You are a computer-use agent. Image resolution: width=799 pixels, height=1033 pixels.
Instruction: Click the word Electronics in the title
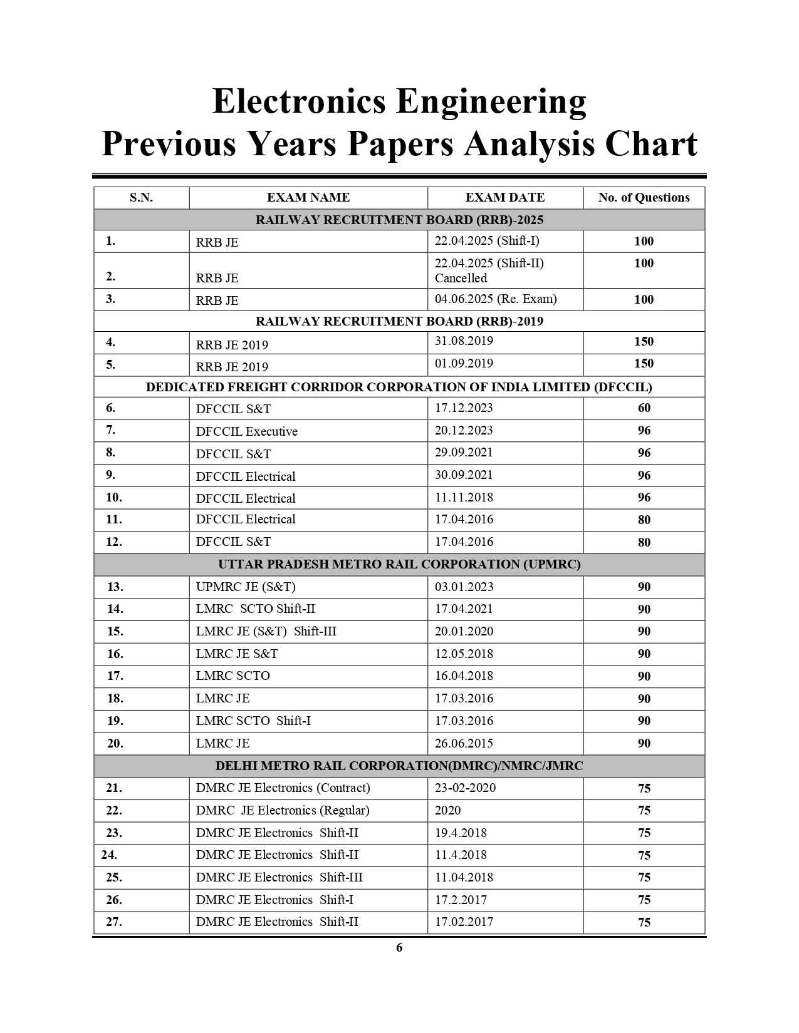(x=299, y=101)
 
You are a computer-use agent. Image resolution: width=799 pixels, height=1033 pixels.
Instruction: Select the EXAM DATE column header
(x=504, y=198)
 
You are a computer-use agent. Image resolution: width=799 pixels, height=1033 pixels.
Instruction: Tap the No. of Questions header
(x=644, y=198)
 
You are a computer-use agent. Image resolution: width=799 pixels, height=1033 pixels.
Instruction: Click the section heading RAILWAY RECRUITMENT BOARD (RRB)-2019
(x=399, y=321)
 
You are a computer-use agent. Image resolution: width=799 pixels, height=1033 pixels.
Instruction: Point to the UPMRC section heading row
(x=399, y=565)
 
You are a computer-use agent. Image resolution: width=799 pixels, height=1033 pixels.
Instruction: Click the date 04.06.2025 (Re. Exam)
(x=496, y=299)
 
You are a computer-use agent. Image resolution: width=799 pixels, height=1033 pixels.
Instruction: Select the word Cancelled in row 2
(x=461, y=278)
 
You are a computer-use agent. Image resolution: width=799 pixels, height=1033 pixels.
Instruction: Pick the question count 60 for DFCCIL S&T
(x=644, y=408)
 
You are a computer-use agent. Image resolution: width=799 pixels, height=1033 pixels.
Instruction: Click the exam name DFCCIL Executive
(x=246, y=431)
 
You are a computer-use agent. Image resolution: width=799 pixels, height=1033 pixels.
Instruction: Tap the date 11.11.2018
(x=464, y=498)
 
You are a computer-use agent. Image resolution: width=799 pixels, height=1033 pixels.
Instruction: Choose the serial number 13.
(x=115, y=587)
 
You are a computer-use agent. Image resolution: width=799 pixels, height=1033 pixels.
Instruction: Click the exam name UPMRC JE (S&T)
(x=246, y=587)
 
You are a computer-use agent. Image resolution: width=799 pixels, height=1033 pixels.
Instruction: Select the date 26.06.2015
(x=464, y=744)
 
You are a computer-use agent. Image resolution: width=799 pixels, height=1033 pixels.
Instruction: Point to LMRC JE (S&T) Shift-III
(x=266, y=632)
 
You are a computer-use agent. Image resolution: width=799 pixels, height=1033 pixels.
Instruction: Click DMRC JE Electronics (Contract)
(x=283, y=788)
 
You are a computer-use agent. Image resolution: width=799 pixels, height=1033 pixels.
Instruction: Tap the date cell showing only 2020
(x=447, y=811)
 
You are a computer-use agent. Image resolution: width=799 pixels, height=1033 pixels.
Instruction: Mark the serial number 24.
(x=109, y=855)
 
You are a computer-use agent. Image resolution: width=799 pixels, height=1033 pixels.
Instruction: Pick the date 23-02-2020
(x=465, y=788)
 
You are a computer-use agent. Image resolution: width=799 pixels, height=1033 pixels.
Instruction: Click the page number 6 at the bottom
(x=399, y=948)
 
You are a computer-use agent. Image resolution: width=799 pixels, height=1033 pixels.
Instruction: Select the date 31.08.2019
(x=464, y=341)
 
